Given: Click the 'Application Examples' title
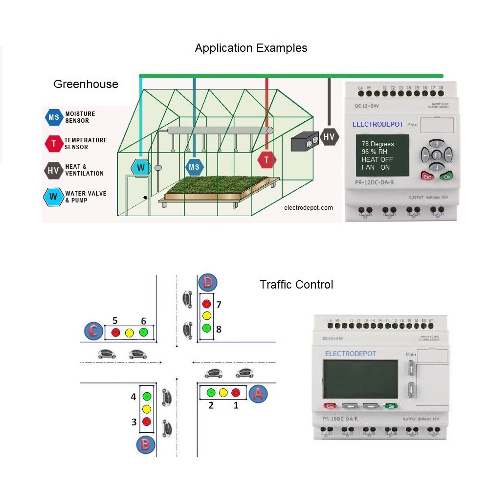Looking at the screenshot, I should point(251,48).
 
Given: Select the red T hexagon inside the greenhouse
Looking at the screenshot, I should point(267,160).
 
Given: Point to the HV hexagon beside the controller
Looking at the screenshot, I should point(329,136).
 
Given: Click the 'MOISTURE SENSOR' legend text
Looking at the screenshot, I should point(80,117).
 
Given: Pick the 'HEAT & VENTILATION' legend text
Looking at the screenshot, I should point(84,170).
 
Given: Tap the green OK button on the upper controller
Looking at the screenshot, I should point(445,177).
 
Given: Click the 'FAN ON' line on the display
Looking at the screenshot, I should point(376,167).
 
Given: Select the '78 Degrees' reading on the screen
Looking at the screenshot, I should point(378,144).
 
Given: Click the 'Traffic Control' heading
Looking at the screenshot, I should point(296,285).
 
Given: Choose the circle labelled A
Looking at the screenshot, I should point(258,393).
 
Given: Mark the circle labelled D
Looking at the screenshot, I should point(207,283).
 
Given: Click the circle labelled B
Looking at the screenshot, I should point(146,444).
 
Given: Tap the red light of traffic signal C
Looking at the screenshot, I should point(116,333).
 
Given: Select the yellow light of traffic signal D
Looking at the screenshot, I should point(206,315).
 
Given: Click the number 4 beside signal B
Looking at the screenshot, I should point(133,397).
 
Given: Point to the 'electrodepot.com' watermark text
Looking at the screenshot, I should point(309,208).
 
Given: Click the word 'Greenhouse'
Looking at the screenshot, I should point(86,84).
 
